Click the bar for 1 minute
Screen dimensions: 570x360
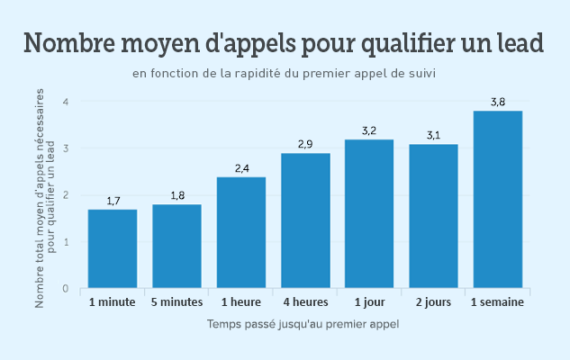113,248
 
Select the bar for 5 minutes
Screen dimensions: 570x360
177,246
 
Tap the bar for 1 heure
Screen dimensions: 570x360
241,232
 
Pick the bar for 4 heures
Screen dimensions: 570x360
306,220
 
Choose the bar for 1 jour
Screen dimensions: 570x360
369,213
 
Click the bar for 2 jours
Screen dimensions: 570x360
434,216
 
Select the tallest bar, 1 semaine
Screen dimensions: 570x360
498,200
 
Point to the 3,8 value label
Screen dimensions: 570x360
498,103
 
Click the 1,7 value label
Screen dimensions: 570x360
113,201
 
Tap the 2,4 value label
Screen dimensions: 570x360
241,168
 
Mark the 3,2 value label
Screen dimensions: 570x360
369,130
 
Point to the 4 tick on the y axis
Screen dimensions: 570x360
66,102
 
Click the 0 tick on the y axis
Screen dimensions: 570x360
66,288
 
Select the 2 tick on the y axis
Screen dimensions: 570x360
66,195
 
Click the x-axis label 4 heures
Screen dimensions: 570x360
306,302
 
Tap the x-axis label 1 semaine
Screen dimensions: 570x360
497,302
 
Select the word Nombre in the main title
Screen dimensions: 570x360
69,43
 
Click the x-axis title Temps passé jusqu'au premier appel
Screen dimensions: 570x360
303,324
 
